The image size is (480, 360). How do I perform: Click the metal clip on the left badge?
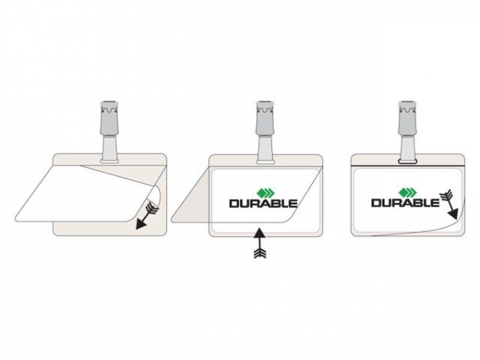tap(110, 118)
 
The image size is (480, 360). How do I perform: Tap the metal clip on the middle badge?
tap(265, 118)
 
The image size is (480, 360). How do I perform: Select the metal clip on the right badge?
tap(407, 118)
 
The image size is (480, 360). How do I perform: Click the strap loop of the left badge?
tap(110, 149)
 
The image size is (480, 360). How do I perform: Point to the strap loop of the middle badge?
tap(265, 149)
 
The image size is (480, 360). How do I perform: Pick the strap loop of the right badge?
tap(407, 149)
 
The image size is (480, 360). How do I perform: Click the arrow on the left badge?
tap(147, 214)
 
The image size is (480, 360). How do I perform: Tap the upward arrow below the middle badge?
tap(259, 243)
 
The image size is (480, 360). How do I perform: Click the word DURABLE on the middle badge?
tap(263, 203)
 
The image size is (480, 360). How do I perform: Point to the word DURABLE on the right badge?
tap(406, 202)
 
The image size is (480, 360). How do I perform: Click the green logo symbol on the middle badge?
tap(266, 193)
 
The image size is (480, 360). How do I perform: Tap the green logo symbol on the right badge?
tap(408, 192)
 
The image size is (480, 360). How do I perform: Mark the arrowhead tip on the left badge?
tap(137, 228)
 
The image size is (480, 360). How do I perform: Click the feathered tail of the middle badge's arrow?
tap(260, 253)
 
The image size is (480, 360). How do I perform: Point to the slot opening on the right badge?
tap(407, 161)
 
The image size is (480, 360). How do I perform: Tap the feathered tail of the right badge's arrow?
tap(446, 194)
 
